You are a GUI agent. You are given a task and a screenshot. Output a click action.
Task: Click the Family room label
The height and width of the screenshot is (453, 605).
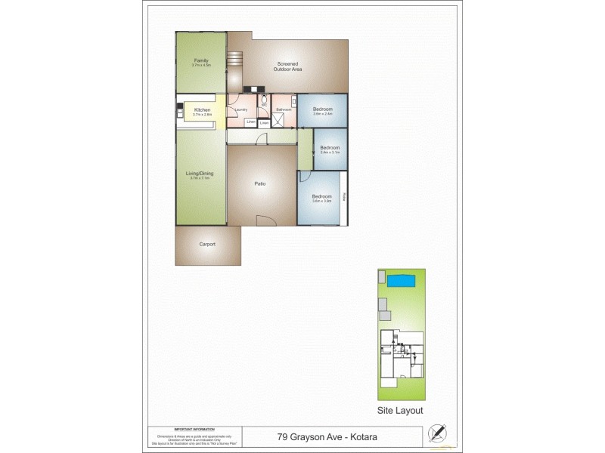point(201,60)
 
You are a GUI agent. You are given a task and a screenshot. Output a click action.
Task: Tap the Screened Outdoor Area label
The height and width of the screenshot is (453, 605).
point(288,66)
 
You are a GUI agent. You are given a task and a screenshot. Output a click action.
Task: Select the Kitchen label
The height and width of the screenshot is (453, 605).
point(202,110)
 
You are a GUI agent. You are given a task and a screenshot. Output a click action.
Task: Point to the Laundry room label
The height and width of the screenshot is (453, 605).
point(241,110)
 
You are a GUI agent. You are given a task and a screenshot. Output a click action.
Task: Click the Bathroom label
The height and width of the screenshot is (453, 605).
point(284,110)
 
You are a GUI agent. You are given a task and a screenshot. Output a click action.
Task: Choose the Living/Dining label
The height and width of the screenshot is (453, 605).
point(201,174)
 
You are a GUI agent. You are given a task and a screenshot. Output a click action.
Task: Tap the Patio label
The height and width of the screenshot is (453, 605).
point(259,183)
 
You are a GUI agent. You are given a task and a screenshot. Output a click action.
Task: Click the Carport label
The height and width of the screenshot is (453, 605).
point(207,245)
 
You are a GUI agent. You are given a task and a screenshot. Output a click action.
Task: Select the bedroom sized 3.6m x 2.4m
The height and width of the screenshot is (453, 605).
point(323,110)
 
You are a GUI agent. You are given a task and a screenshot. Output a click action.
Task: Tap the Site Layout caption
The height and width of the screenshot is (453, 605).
point(400,411)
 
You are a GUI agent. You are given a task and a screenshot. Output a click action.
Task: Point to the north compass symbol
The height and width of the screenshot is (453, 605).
point(436,433)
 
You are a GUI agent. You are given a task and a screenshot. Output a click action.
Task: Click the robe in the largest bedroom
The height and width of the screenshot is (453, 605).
point(344,198)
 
